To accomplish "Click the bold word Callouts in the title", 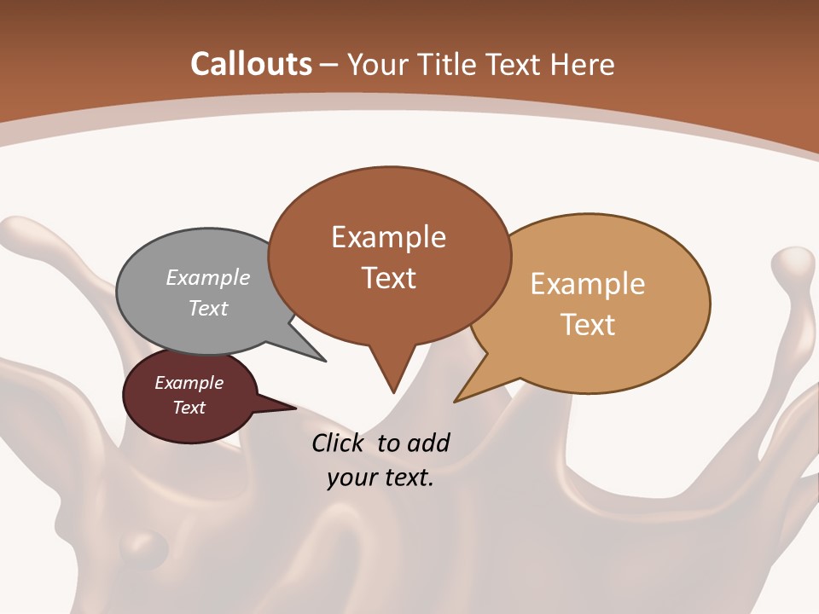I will (x=251, y=64).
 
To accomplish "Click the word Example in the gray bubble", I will (x=207, y=278).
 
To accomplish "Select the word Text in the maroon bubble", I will (x=189, y=408).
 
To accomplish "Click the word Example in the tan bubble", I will (x=587, y=284).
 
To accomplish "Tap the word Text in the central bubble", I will (x=388, y=278).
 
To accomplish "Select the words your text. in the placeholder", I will (x=380, y=478).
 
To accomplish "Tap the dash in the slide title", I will (x=329, y=65).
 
